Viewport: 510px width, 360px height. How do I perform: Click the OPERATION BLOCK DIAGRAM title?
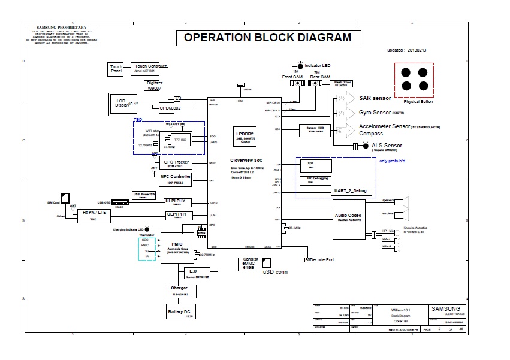267,37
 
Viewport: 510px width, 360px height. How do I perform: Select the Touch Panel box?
116,69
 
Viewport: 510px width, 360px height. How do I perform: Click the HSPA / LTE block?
94,216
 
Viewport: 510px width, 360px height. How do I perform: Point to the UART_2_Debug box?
352,191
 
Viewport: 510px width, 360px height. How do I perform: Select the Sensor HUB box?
315,129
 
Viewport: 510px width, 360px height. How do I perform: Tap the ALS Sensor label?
387,146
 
